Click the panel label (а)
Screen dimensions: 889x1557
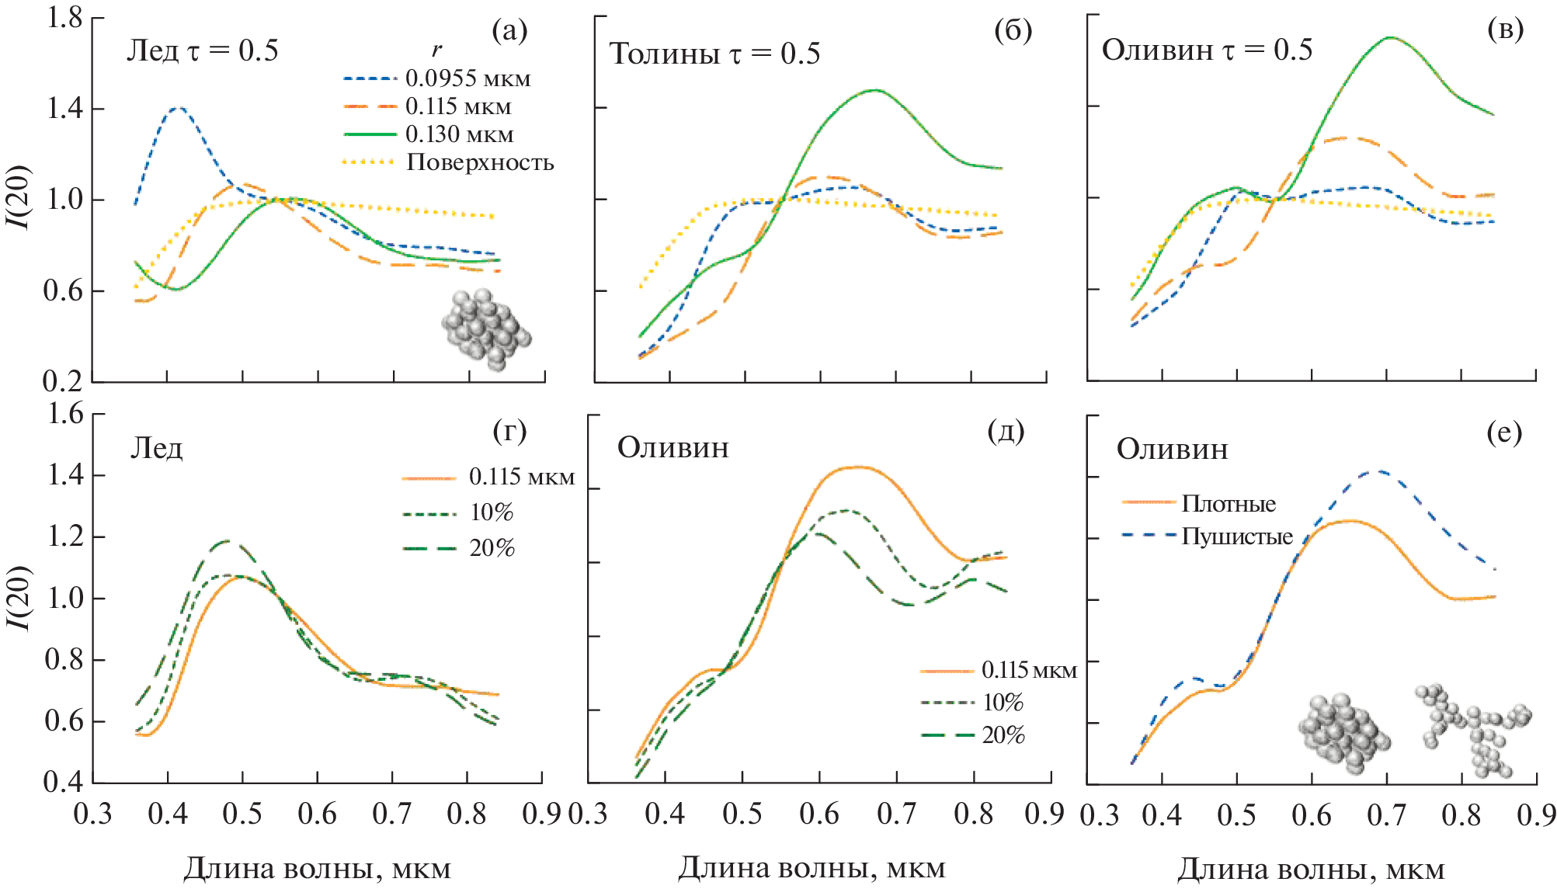click(509, 31)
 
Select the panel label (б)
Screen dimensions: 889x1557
click(1013, 31)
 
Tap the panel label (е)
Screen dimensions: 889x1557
click(1504, 432)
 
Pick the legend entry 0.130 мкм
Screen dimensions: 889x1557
click(459, 134)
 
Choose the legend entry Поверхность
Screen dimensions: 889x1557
click(480, 162)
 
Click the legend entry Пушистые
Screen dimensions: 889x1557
click(1237, 537)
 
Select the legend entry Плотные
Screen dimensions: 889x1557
click(1229, 504)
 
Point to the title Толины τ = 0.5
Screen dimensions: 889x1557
click(714, 54)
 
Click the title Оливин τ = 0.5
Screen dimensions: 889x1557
click(1207, 50)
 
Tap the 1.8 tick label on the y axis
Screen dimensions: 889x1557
click(64, 17)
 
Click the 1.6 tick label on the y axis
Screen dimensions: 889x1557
click(65, 414)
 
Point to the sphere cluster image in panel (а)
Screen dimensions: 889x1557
click(486, 329)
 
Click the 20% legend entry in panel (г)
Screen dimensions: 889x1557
click(492, 548)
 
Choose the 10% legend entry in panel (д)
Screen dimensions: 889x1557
click(1003, 703)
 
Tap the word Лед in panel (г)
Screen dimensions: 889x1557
click(156, 449)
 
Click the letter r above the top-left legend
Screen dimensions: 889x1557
click(437, 50)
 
